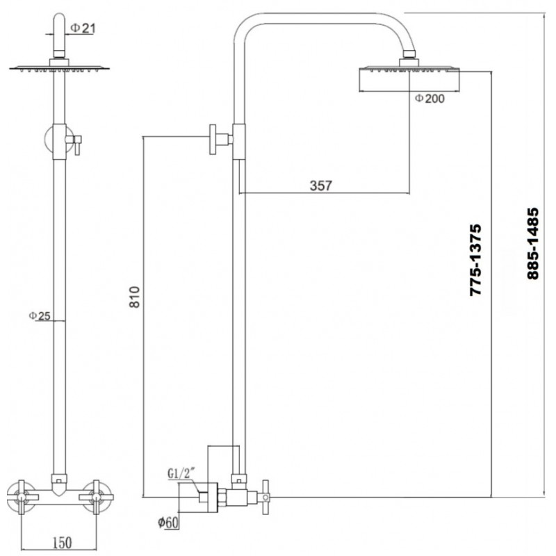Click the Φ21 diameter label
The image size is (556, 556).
83,28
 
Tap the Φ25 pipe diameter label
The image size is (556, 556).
40,316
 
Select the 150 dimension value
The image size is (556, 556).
62,543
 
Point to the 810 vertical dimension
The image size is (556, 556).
135,297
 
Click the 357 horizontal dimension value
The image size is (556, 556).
320,186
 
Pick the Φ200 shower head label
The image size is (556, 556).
430,98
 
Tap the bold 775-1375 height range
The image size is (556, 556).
475,260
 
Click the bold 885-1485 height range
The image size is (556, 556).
532,244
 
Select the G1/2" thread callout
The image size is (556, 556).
181,473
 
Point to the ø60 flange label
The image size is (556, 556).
168,523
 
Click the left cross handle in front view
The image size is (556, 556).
22,497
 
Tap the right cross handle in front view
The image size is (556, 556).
96,497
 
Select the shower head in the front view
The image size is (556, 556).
59,68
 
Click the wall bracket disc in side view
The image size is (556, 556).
213,140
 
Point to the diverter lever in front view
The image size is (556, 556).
76,145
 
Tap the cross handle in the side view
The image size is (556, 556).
265,497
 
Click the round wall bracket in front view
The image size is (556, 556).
49,140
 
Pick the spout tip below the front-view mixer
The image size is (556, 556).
59,491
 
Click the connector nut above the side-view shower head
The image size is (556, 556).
409,54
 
